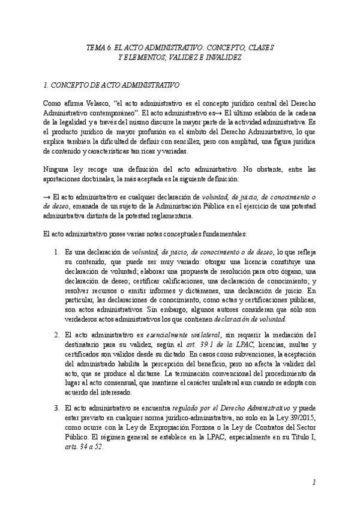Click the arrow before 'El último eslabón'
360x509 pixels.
coord(236,112)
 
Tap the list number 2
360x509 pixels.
coord(56,334)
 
